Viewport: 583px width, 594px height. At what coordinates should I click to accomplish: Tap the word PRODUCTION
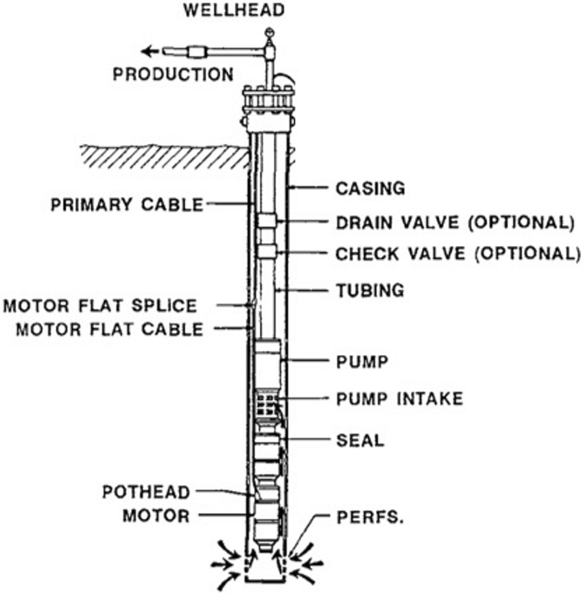[x=173, y=73]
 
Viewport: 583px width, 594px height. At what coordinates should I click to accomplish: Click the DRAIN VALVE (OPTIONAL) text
[x=453, y=222]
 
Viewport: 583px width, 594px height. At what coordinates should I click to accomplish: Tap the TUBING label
[x=370, y=290]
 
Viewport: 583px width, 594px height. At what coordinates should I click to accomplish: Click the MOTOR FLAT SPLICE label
[x=101, y=306]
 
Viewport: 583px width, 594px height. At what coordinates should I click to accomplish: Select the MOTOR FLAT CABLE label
[x=110, y=330]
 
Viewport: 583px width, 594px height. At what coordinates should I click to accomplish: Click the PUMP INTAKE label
[x=399, y=397]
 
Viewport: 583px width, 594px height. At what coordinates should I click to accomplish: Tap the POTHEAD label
[x=145, y=493]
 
